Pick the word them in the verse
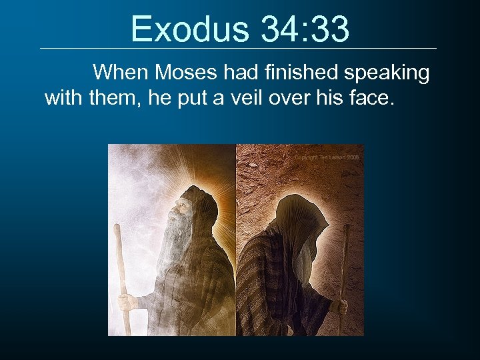pyautogui.click(x=112, y=98)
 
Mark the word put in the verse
pyautogui.click(x=199, y=99)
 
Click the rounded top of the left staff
pyautogui.click(x=117, y=229)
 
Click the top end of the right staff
pyautogui.click(x=346, y=228)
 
